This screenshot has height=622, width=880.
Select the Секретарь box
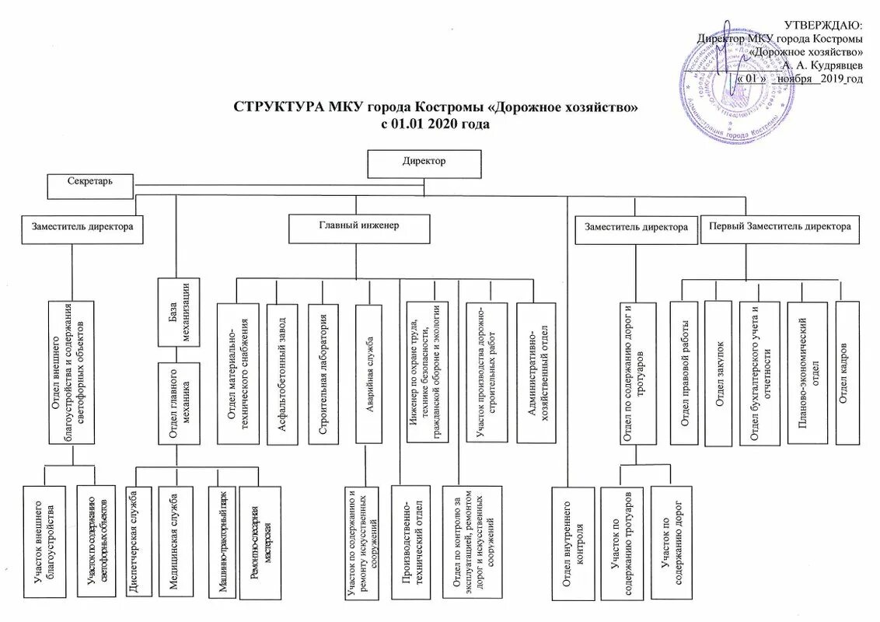coord(92,184)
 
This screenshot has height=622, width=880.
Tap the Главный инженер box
coord(358,228)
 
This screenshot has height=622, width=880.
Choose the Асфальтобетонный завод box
coord(281,374)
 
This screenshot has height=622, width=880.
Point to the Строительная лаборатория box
coord(323,374)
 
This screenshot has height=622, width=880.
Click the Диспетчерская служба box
coord(135,543)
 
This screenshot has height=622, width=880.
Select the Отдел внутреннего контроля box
coord(573,543)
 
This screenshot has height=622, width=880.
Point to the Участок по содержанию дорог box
coord(670,543)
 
